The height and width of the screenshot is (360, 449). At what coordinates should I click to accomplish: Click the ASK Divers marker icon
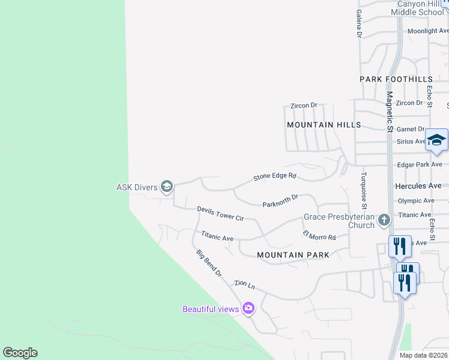point(167,187)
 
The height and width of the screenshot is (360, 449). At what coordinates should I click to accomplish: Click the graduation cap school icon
point(436,141)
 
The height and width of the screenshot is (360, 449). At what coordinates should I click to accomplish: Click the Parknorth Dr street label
point(280,201)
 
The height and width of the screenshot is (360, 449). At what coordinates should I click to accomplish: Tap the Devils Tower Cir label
point(220,213)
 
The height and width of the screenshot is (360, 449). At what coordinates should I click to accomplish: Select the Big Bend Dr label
point(209,263)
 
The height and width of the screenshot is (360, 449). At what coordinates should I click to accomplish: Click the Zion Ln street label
point(245,284)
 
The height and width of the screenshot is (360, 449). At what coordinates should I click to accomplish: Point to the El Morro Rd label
point(319,235)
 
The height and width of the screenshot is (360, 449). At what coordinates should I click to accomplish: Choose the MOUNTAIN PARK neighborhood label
point(293,255)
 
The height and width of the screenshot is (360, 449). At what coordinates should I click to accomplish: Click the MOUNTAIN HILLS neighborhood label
point(324,125)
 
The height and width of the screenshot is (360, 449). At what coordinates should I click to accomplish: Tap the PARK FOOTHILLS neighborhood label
point(396,79)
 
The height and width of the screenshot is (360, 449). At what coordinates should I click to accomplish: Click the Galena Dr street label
point(359,24)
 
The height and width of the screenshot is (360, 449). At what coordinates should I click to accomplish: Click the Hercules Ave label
point(418,187)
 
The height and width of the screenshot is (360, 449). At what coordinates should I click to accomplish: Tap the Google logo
point(20,353)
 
